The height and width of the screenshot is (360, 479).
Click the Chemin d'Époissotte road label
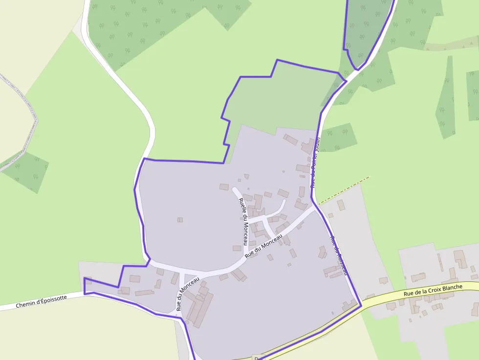(x=41, y=301)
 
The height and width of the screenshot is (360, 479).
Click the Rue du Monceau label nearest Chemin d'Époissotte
(x=187, y=294)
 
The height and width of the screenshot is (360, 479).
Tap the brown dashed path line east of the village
(x=344, y=190)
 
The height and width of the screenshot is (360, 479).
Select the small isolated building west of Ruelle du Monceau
(x=180, y=220)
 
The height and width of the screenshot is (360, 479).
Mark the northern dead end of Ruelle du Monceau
(x=235, y=189)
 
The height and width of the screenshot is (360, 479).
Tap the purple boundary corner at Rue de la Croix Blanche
(x=361, y=306)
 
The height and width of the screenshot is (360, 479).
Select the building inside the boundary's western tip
(x=88, y=281)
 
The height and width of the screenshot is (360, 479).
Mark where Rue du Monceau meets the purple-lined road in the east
(x=314, y=207)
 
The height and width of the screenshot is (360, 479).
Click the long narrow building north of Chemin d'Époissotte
(x=145, y=293)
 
